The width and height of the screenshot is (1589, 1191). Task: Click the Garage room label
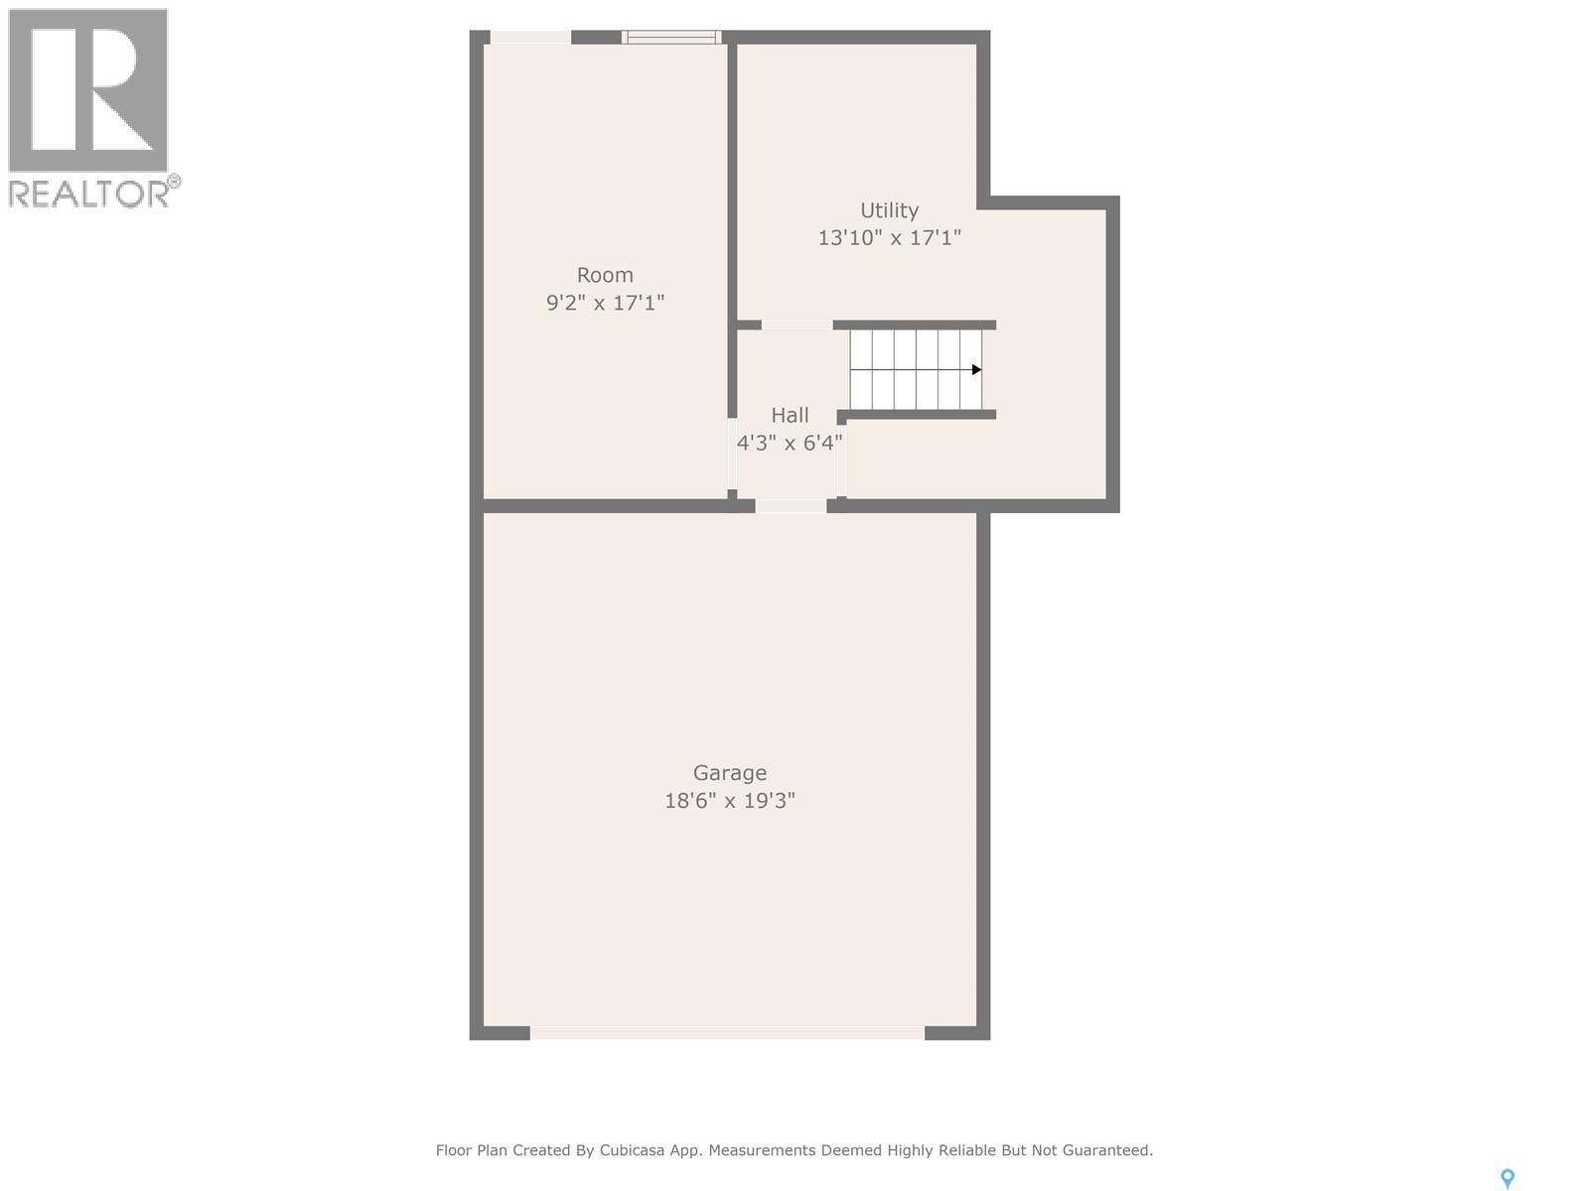tap(730, 773)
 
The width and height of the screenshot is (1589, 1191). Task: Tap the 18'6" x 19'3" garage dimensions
tap(730, 801)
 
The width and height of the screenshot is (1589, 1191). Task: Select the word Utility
tap(889, 210)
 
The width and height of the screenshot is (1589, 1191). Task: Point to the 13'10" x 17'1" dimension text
tap(889, 237)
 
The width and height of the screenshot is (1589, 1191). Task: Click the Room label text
tap(605, 275)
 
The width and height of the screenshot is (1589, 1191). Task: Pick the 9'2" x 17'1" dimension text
tap(605, 303)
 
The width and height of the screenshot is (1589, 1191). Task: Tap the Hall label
tap(790, 415)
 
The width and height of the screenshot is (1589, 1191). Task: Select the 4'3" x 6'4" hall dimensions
tap(790, 443)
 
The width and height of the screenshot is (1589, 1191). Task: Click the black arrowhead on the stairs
tap(976, 369)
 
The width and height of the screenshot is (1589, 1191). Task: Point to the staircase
tap(916, 369)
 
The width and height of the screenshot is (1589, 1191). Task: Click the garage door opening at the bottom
tap(727, 1032)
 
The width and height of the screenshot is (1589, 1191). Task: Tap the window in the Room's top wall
tap(671, 37)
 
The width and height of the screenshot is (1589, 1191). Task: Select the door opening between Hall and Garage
tap(791, 505)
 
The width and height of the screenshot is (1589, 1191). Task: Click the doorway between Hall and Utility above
tap(796, 325)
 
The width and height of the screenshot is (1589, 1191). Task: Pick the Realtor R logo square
tap(87, 89)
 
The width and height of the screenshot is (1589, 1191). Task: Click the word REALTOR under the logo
tap(88, 194)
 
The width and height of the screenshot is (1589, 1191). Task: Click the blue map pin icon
tap(1508, 1179)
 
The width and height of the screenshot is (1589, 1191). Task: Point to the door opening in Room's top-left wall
tap(530, 37)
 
